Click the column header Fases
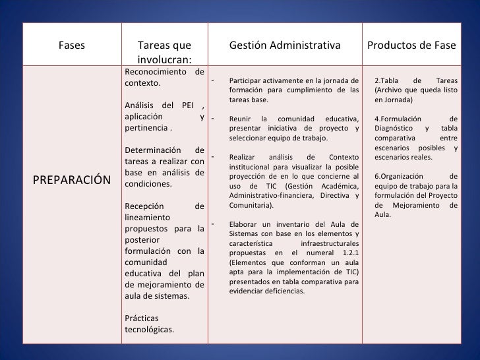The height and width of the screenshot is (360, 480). pos(72,45)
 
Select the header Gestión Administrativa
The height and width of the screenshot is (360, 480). pos(285,45)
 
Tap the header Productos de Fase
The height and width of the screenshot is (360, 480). pos(411,45)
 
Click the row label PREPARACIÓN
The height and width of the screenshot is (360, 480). pos(73,179)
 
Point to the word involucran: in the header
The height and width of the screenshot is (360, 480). pos(165,59)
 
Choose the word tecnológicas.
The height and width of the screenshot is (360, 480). pos(149,330)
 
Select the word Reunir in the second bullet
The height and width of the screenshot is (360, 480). pos(241,119)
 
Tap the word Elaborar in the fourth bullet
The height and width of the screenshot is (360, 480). pos(245,224)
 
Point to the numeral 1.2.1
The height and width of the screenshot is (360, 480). pos(348,253)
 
